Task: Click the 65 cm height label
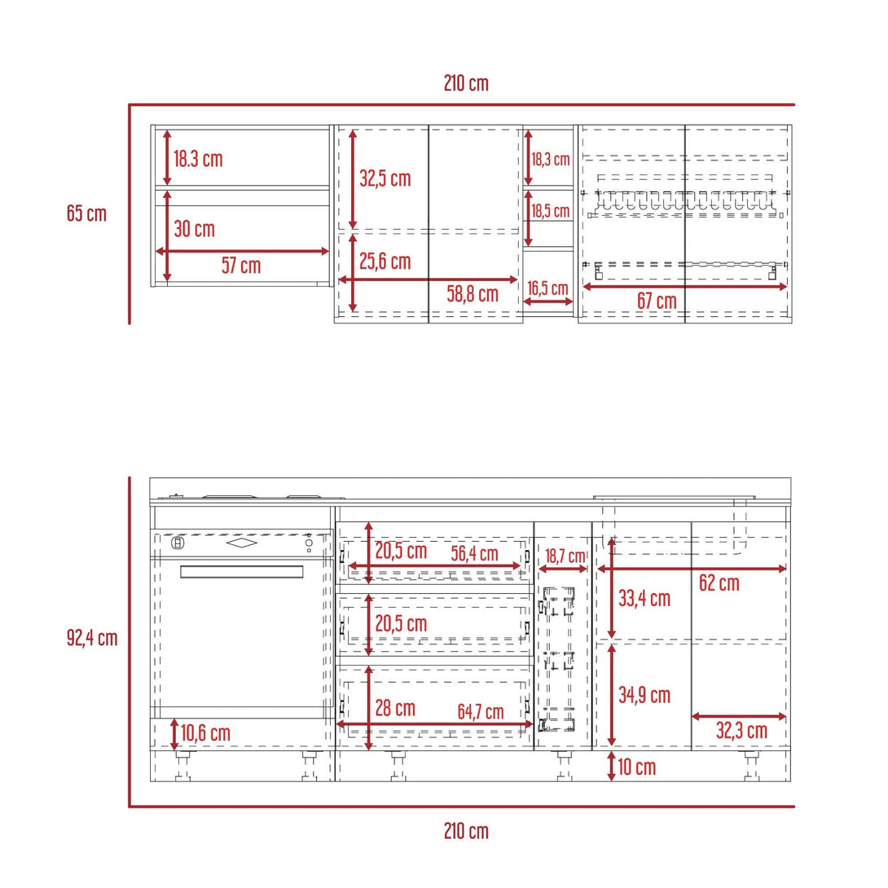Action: click(x=86, y=213)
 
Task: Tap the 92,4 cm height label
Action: click(x=92, y=638)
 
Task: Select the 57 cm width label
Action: click(x=241, y=265)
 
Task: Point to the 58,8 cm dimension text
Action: click(x=473, y=294)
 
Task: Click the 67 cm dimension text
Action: click(x=657, y=301)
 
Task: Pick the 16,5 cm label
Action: click(x=547, y=288)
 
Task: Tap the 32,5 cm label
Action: click(x=385, y=178)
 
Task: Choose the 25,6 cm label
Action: click(x=385, y=261)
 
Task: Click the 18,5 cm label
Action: click(x=551, y=211)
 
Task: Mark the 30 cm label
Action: click(x=194, y=229)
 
